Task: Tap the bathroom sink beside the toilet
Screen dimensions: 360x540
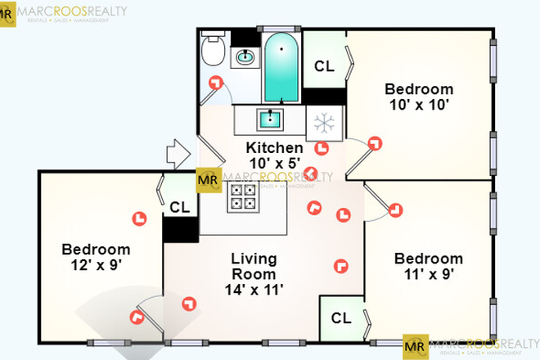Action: click(x=245, y=56)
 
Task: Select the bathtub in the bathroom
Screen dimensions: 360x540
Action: click(x=281, y=65)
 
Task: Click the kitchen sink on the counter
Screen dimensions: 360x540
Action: click(x=269, y=120)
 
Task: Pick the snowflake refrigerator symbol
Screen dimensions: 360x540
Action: click(x=325, y=124)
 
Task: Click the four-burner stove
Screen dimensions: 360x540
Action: click(x=242, y=196)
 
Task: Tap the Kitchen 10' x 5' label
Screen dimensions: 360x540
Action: click(x=275, y=156)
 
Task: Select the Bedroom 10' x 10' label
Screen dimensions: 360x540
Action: click(x=419, y=97)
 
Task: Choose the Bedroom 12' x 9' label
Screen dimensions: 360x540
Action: click(x=96, y=257)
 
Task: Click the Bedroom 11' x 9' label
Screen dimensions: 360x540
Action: click(x=428, y=266)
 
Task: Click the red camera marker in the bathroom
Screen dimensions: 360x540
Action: click(x=216, y=82)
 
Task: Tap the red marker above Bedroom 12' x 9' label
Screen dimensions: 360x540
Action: click(x=139, y=218)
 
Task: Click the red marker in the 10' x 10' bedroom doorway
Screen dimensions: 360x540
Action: click(x=376, y=143)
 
